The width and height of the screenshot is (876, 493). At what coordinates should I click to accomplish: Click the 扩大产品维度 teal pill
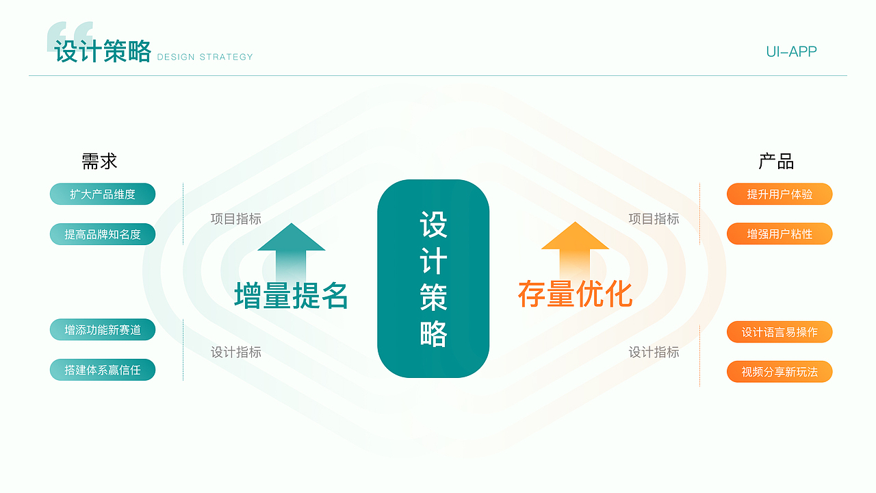pos(103,194)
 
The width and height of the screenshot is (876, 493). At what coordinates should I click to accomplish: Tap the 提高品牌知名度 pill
pos(103,234)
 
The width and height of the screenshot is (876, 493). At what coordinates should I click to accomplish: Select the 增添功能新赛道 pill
pos(103,330)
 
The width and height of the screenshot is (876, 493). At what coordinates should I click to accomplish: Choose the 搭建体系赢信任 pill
pos(103,370)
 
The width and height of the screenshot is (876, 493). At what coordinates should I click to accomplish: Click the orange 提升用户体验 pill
pos(780,194)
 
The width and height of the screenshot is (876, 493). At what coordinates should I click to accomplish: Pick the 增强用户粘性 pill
pos(780,234)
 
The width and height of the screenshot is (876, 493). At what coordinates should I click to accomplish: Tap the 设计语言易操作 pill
pos(780,332)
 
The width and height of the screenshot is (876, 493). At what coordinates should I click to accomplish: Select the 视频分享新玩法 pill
pos(780,372)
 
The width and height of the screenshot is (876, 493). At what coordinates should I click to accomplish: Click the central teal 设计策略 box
pos(433,279)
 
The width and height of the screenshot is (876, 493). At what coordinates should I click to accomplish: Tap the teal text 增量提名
pos(292,295)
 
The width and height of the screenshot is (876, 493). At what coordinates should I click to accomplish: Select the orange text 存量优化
pos(575,294)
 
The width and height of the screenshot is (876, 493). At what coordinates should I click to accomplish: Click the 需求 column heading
pos(99,162)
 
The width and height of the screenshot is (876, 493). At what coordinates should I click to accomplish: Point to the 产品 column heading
pos(776,162)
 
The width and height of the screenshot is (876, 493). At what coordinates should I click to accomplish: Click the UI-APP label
pos(791,51)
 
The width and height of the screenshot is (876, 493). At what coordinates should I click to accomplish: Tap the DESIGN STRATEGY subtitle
pos(205,57)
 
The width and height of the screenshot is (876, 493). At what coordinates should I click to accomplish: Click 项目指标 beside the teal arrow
pos(236,219)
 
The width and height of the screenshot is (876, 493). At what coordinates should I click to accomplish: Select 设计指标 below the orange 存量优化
pos(654,352)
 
